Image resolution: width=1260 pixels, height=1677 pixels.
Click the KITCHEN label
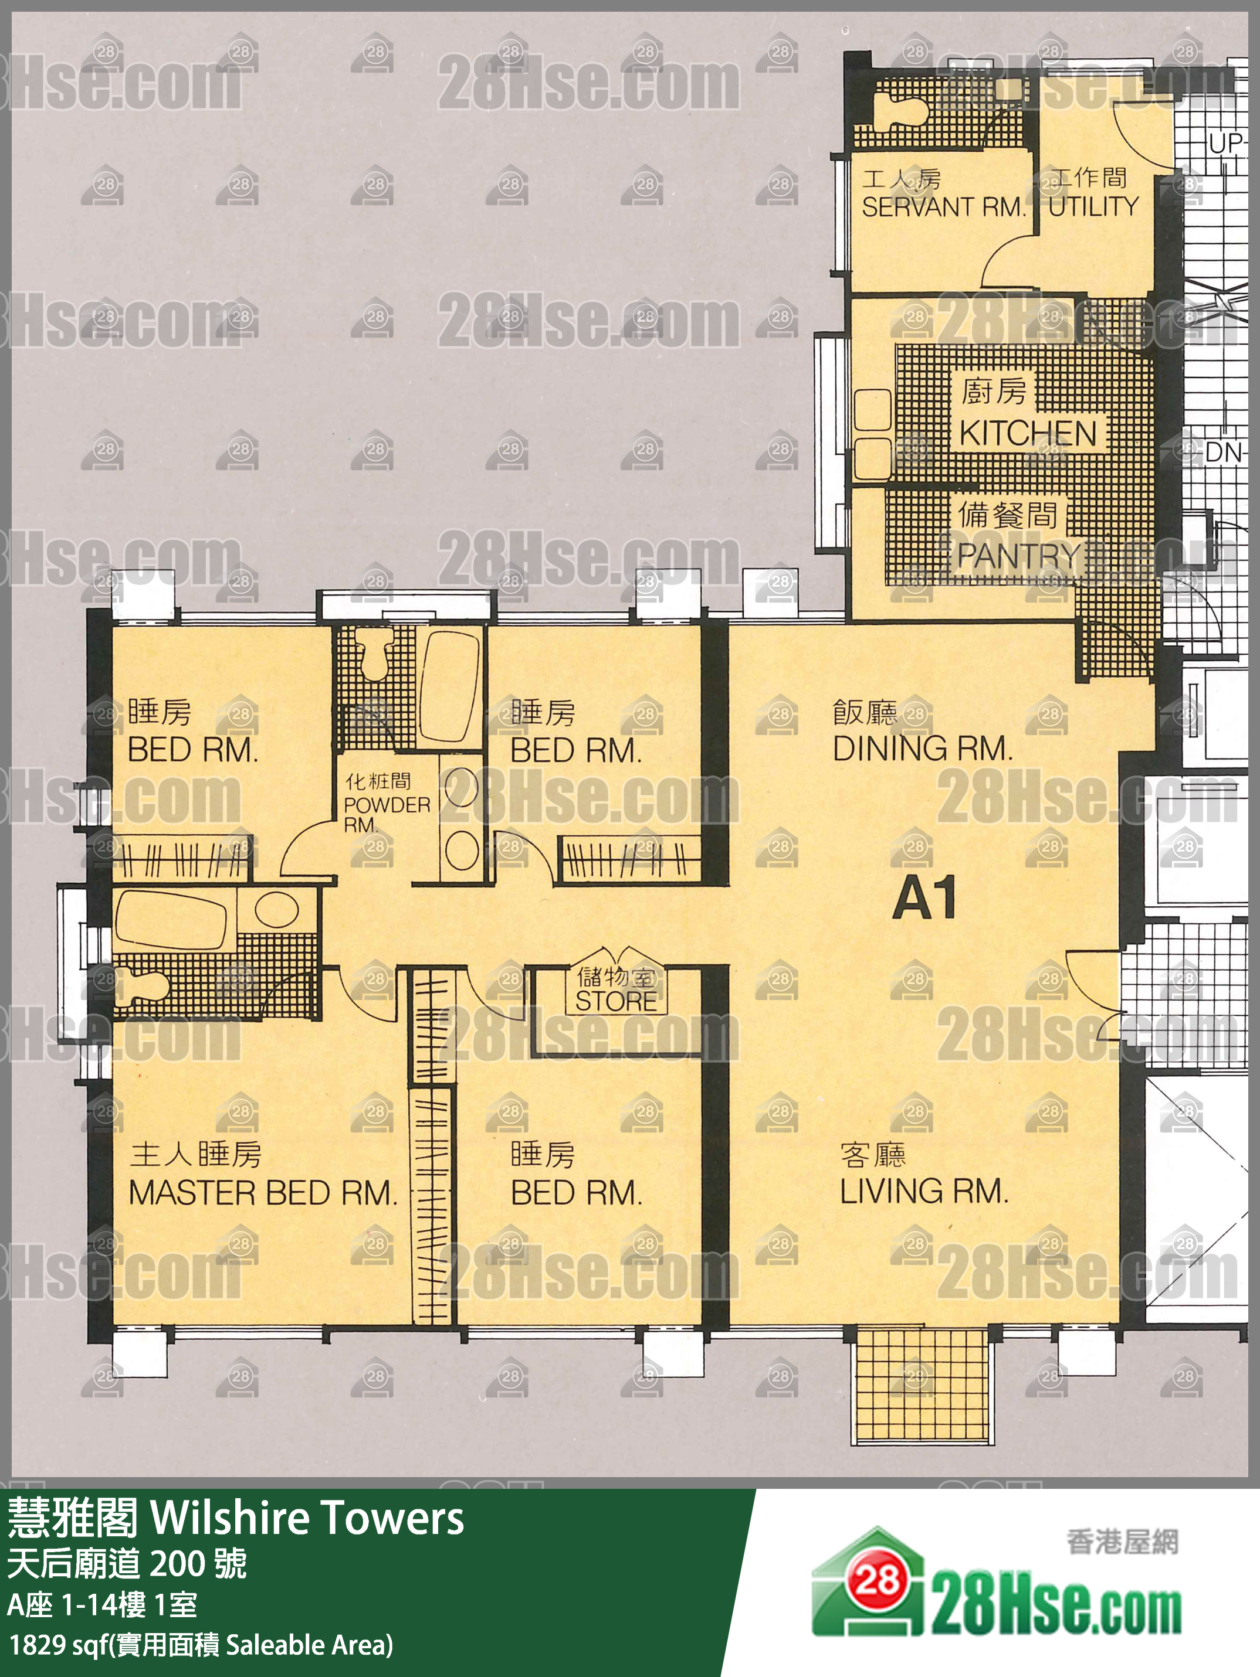[1028, 434]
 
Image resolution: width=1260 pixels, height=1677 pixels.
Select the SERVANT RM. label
[943, 206]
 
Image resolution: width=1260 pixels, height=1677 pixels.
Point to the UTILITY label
[1094, 206]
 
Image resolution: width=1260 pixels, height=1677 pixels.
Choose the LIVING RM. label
[924, 1192]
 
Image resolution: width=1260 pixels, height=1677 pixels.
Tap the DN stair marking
[1223, 453]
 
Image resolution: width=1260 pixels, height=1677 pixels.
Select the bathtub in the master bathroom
[171, 919]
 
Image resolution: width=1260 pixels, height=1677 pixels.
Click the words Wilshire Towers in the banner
[307, 1519]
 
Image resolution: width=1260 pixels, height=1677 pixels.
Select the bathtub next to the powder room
[450, 687]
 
